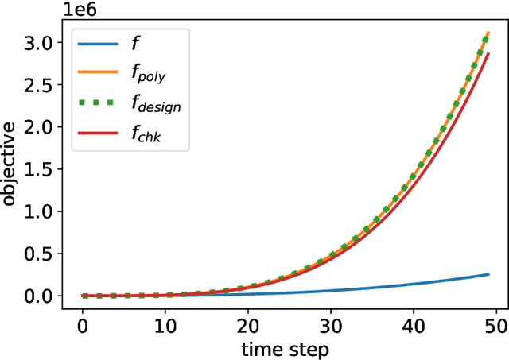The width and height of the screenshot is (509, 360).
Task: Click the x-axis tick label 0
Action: click(83, 326)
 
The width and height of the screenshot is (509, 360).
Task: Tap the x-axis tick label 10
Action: click(165, 326)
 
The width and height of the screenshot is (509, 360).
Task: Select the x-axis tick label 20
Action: click(248, 326)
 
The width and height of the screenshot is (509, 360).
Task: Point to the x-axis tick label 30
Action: click(331, 326)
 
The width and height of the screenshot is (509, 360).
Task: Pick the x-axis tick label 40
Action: click(414, 326)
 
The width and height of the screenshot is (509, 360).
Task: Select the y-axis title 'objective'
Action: click(10, 164)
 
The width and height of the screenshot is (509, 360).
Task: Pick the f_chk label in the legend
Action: click(149, 137)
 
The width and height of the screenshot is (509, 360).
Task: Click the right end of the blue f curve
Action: click(488, 274)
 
